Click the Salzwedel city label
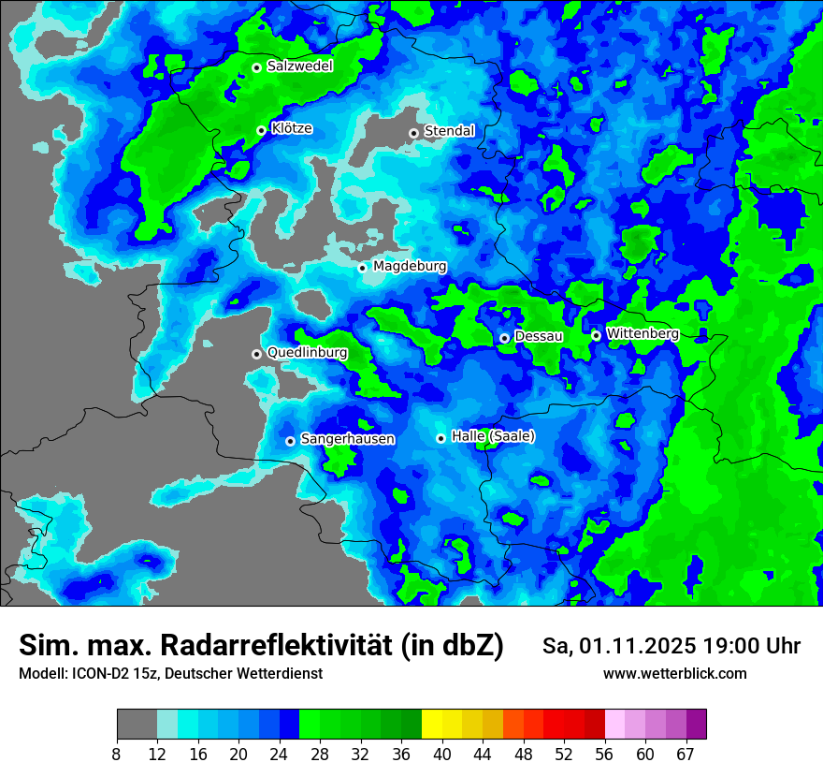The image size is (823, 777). (299, 66)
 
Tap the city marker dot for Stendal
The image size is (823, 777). (413, 133)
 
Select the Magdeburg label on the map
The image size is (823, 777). (410, 267)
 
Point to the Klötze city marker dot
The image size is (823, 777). (261, 130)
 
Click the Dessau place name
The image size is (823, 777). (539, 336)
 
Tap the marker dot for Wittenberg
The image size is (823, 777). (596, 335)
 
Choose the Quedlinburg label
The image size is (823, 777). (307, 353)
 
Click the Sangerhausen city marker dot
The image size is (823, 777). (290, 441)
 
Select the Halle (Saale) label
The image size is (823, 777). (493, 436)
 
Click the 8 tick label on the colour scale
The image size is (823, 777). (117, 755)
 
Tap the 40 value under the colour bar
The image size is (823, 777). (442, 755)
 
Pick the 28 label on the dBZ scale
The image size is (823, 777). (320, 755)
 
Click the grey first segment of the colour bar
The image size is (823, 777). (137, 725)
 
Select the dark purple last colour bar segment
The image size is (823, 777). (697, 725)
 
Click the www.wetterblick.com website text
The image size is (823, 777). (674, 674)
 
